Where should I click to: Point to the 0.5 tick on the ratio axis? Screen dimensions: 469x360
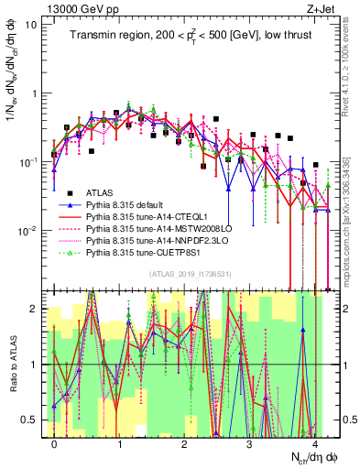tap(32, 420)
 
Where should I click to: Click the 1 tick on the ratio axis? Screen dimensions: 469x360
tap(35, 365)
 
